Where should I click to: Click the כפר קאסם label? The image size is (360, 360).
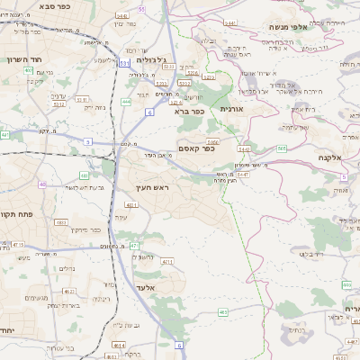coord(195,148)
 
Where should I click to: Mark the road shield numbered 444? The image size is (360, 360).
coord(126,102)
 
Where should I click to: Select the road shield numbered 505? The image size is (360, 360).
coord(282,148)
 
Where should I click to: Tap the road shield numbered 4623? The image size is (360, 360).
coord(68,291)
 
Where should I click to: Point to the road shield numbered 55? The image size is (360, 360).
coord(141,9)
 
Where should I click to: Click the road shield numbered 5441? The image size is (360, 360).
coord(231,22)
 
